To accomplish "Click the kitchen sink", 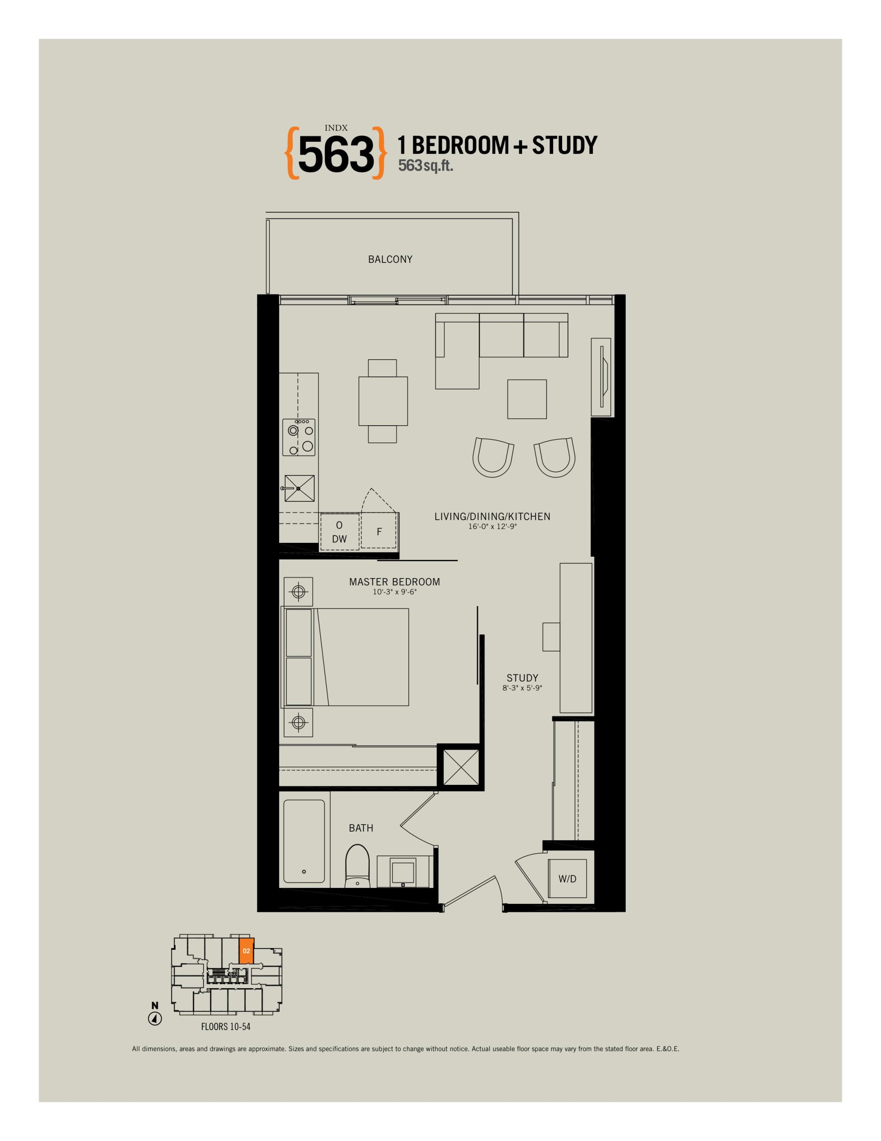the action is [x=299, y=488].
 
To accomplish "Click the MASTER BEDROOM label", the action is [x=394, y=582].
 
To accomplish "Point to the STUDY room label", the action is [x=522, y=677].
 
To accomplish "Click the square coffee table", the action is [x=527, y=399].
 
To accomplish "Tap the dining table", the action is [x=383, y=401].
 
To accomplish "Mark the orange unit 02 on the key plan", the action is [x=246, y=950].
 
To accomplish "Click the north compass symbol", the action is [x=155, y=1018].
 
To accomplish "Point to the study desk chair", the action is [x=551, y=636].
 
